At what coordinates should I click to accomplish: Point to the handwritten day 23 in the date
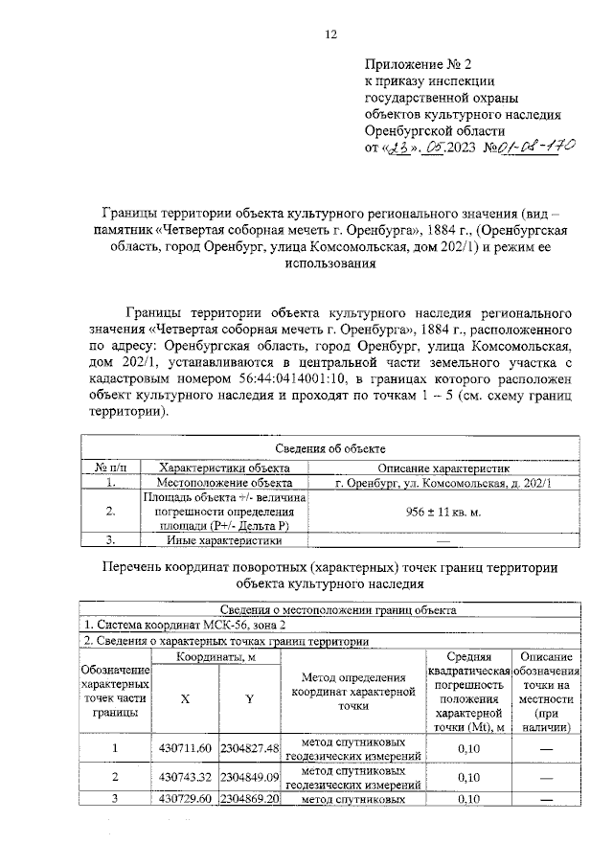400,148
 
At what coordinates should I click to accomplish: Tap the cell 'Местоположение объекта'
225,484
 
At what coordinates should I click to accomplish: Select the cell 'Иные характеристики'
225,540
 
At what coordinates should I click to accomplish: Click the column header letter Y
249,698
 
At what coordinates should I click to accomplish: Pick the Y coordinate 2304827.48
249,748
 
